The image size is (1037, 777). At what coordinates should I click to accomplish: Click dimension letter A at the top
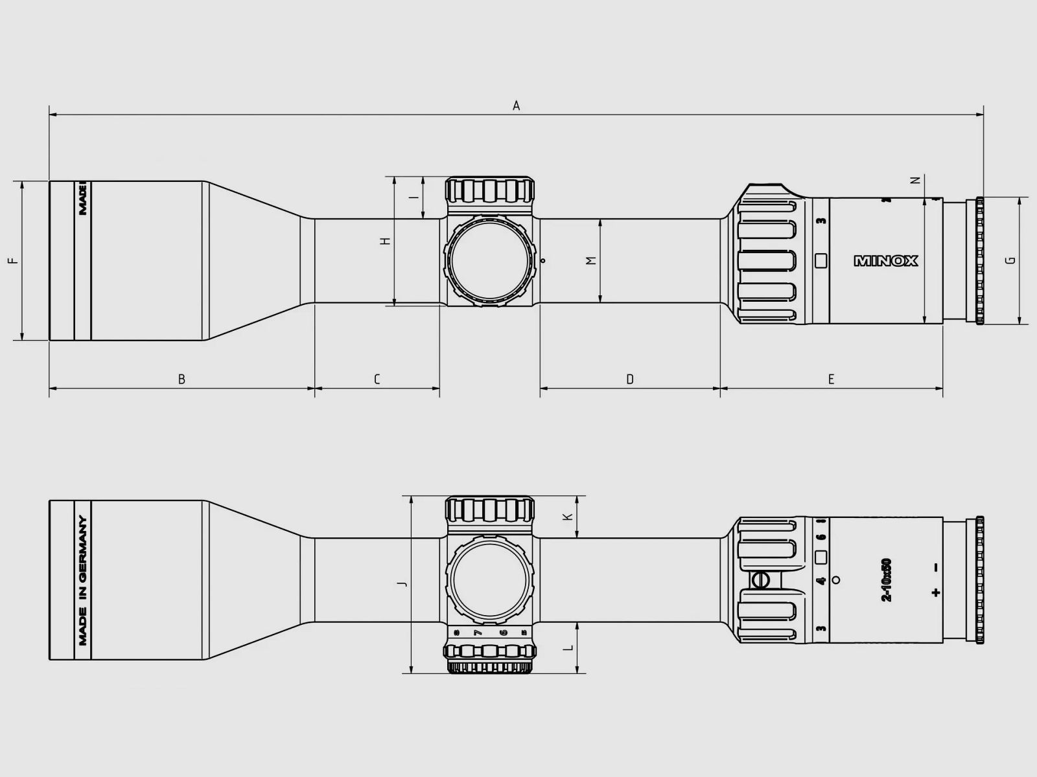coord(517,106)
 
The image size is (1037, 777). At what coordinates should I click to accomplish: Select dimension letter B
coord(181,379)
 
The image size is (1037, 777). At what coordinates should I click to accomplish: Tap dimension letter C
coord(377,379)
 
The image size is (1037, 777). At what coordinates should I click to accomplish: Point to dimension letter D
coord(630,379)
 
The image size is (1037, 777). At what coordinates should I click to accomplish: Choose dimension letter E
coord(832,379)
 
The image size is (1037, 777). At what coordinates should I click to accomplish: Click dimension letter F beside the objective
coord(14,261)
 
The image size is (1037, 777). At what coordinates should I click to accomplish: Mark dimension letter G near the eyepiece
coord(1010,260)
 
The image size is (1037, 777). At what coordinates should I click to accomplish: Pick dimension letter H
coord(386,241)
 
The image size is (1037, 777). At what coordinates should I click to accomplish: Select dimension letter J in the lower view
coord(402,585)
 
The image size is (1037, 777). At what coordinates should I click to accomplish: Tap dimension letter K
coord(568,517)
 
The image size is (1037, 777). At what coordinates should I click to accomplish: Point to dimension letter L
coord(568,647)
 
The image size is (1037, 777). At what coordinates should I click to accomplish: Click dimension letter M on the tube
coord(590,260)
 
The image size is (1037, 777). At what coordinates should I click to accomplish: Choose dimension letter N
coord(915,180)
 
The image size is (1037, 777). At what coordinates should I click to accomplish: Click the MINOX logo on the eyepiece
coord(886,261)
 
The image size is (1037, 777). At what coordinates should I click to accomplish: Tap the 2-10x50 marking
coord(887,580)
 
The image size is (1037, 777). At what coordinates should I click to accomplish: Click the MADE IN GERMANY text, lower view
coord(83,581)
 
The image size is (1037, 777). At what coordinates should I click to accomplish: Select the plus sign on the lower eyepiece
coord(935,592)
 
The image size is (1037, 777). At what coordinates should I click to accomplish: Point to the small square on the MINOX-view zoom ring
coord(821,261)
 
